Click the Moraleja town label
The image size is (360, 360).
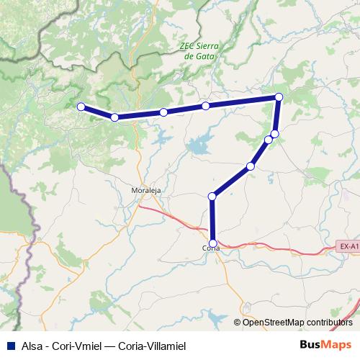pos(145,191)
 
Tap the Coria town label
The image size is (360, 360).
pos(210,248)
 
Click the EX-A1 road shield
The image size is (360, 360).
pos(348,247)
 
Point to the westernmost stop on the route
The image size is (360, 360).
pos(81,107)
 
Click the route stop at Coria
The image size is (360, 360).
pos(212,243)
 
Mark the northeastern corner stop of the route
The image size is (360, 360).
pos(279,96)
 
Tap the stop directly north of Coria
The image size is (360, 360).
pos(212,195)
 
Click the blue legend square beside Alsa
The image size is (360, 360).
pos(8,346)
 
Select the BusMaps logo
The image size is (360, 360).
pos(330,346)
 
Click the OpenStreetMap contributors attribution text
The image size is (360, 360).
pos(297,322)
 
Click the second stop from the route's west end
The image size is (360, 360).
pos(114,117)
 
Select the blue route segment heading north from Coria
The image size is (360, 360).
pos(212,219)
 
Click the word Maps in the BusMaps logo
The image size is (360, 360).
pos(339,346)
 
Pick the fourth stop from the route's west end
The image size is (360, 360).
pos(206,106)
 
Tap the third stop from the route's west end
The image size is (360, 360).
pos(163,112)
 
